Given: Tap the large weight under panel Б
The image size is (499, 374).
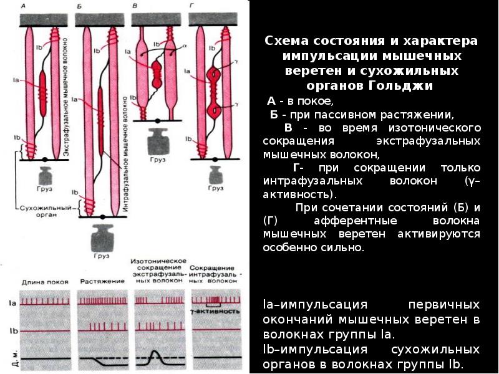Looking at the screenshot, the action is pos(102,236).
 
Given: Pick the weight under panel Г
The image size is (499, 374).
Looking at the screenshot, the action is pos(215,172).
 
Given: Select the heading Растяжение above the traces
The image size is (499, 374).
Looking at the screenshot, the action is pos(100,282).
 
